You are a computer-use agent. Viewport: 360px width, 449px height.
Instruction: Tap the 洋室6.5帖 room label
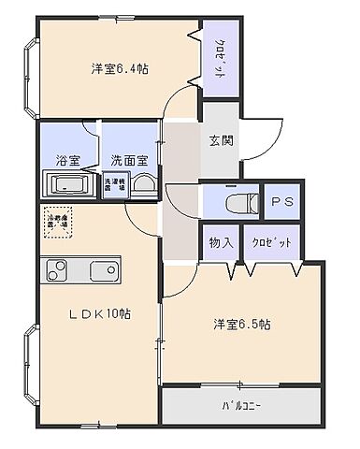[x=241, y=325]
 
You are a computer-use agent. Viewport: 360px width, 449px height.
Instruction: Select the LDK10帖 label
[x=98, y=313]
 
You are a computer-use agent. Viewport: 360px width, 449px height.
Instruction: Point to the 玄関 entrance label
[x=221, y=141]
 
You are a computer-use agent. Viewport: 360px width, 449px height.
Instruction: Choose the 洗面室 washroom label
[x=129, y=159]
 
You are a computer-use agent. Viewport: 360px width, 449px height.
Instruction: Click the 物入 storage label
[x=221, y=242]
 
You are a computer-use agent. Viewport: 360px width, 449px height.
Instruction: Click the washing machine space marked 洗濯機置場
[x=113, y=184]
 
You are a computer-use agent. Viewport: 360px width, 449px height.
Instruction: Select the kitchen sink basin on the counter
[x=103, y=272]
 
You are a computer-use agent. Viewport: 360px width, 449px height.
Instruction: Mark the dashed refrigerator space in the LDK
[x=59, y=224]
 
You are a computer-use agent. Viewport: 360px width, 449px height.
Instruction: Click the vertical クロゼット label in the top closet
[x=218, y=59]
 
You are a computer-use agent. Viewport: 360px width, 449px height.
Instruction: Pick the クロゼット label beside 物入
[x=271, y=242]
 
